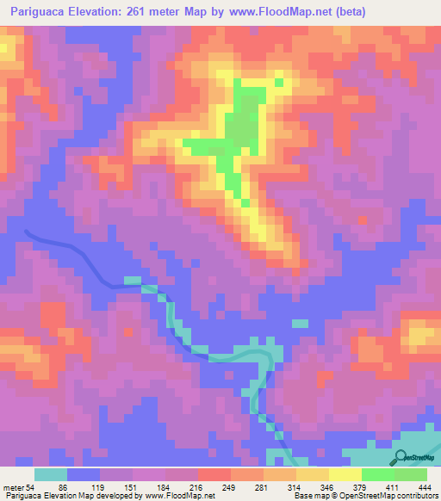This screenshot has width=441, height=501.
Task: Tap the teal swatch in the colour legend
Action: point(51,475)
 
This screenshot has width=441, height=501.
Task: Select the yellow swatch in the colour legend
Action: point(345,475)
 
